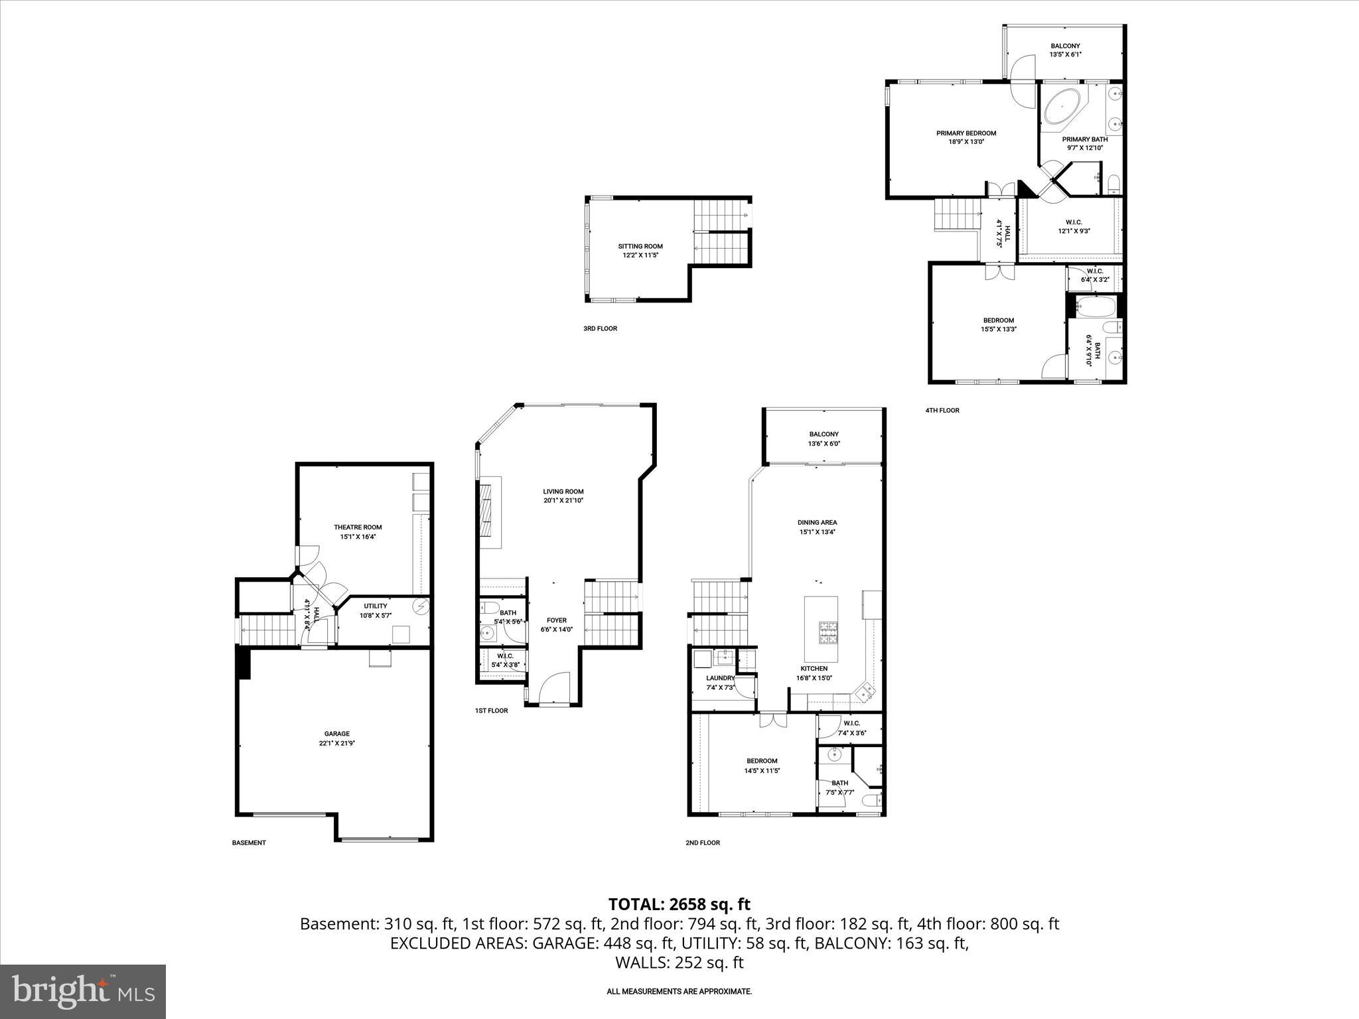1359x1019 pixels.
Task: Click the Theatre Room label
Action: coord(358,527)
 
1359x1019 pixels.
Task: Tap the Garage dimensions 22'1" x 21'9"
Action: coord(336,744)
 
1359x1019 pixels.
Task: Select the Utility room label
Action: coord(375,606)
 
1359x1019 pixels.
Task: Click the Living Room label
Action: coord(563,492)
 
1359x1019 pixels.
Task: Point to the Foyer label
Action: coord(556,620)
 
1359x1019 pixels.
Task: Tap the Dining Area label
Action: coord(817,522)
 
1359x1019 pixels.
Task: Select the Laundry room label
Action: coord(720,678)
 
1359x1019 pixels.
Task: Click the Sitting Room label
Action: coord(640,247)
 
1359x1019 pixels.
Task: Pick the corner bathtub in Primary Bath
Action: coord(1064,108)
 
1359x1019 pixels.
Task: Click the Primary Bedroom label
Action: coord(966,133)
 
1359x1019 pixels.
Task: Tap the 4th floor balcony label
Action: coord(1065,46)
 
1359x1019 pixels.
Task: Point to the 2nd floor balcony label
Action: coord(823,435)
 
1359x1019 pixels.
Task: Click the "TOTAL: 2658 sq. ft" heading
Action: coord(679,904)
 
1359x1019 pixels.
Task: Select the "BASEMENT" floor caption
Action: coord(249,843)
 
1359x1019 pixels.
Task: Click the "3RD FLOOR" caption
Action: coord(600,328)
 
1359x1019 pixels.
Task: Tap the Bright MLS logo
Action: coord(83,992)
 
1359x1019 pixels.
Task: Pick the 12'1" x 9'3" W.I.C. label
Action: coord(1074,222)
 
